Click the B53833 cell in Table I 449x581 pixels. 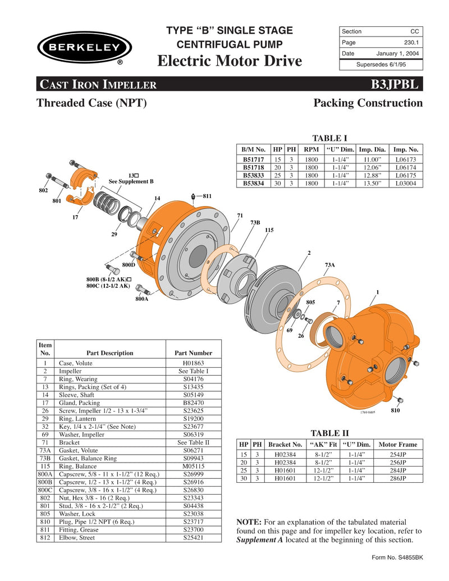point(253,175)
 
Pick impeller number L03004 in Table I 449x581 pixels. point(406,183)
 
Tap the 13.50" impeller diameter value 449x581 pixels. point(372,183)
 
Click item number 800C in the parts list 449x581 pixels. point(45,490)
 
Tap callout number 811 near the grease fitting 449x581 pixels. point(207,196)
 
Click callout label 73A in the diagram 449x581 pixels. point(330,264)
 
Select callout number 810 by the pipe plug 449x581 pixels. point(396,411)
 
